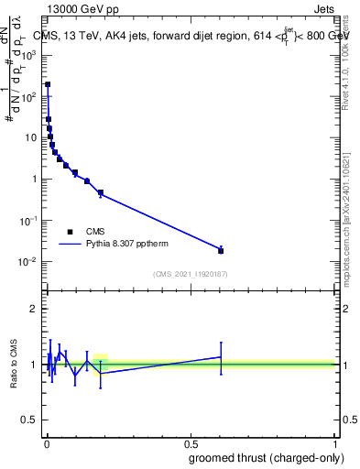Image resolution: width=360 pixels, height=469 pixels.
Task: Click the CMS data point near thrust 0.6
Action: click(x=221, y=250)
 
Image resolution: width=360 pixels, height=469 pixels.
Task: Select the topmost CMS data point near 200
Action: click(x=48, y=84)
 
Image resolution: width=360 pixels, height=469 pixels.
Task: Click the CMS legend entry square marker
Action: click(x=71, y=232)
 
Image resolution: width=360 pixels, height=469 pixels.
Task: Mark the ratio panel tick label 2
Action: click(x=34, y=309)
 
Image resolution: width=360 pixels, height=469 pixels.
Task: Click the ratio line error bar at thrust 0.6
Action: click(x=221, y=356)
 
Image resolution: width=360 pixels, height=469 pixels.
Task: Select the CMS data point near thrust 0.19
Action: click(x=100, y=193)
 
